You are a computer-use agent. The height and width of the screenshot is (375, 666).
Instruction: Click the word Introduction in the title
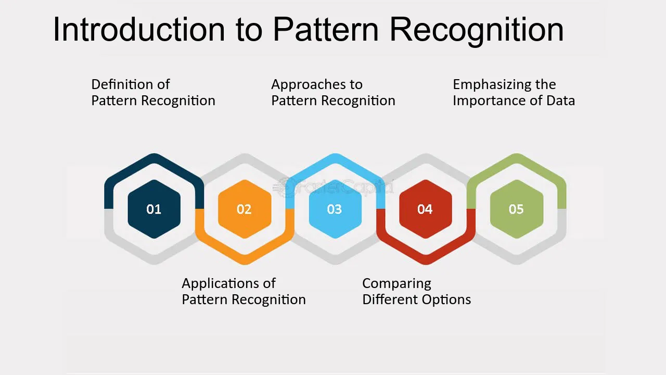tap(139, 30)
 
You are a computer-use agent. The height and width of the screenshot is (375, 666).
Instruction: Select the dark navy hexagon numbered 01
tap(154, 209)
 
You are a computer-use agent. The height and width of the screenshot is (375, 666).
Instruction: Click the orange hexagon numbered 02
tap(245, 209)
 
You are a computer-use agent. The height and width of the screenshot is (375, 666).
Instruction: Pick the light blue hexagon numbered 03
tap(335, 209)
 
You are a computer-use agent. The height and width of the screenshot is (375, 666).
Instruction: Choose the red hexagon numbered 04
tap(426, 209)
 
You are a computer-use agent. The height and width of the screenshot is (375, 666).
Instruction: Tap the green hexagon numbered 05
tap(517, 209)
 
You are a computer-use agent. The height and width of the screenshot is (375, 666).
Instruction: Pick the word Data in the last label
tap(560, 101)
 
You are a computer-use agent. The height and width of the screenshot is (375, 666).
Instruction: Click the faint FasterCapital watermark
tap(334, 187)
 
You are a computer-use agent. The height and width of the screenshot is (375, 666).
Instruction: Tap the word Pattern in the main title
tap(326, 30)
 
